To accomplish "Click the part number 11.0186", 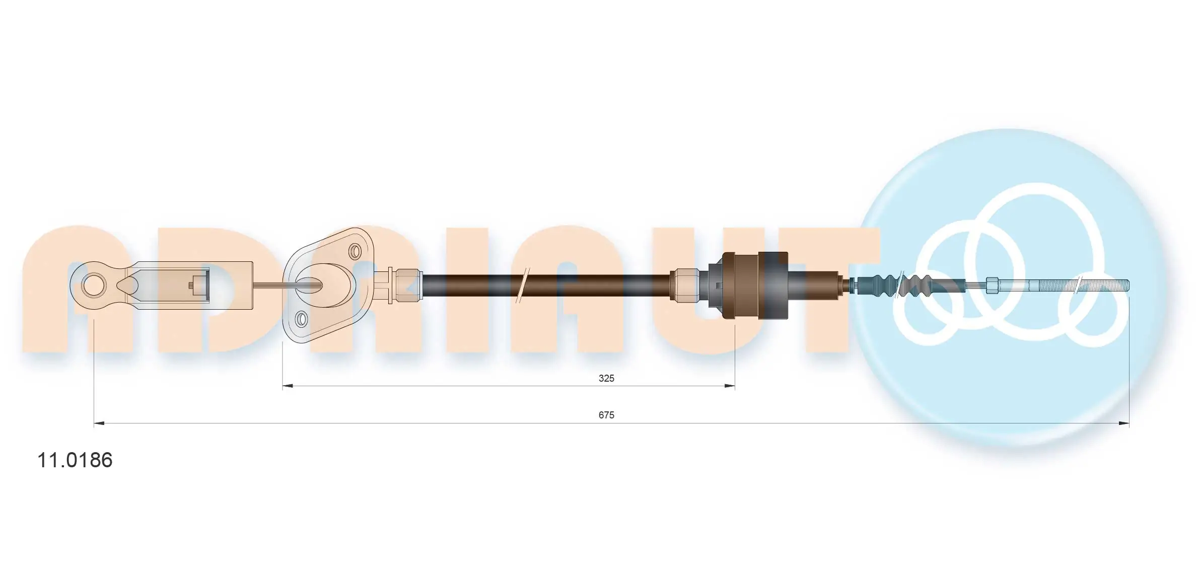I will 75,460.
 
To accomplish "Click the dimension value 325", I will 606,378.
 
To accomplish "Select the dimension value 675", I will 606,415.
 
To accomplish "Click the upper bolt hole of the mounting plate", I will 355,251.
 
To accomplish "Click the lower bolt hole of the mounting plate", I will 301,319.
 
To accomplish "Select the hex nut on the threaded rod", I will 992,285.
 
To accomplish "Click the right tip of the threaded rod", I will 1127,285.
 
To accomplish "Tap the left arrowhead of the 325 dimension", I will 287,386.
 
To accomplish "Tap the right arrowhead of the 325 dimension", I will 730,386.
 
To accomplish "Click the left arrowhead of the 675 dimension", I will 99,423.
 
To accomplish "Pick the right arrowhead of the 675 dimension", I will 1123,423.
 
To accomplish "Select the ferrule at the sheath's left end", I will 407,285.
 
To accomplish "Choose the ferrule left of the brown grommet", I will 684,285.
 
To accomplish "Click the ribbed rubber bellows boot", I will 901,285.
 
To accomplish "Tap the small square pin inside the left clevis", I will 192,285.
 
